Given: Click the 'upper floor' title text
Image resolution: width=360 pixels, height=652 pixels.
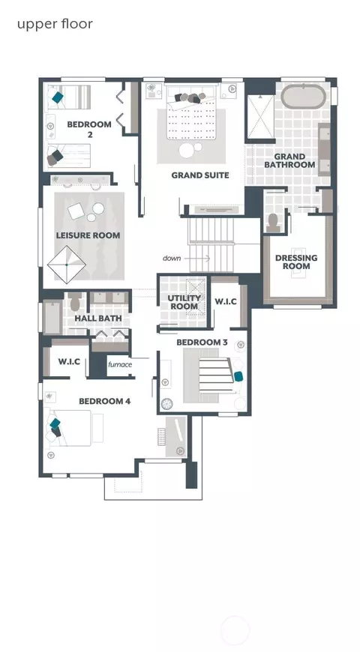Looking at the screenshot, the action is point(55,25).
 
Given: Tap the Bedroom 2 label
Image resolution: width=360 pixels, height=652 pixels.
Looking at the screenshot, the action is point(89,129).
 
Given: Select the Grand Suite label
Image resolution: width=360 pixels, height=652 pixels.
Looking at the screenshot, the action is point(200,175).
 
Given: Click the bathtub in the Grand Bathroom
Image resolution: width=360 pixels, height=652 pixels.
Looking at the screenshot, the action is point(302,97).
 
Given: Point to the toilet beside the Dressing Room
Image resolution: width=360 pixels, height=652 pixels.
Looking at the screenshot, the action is point(274,223).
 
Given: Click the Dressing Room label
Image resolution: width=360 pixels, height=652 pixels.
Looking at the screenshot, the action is point(296,262).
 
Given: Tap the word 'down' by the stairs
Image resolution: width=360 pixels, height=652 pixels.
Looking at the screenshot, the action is point(172,259).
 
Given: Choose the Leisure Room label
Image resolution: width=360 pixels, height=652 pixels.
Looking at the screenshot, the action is point(88,235).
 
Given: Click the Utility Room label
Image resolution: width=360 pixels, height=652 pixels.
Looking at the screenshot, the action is point(184,302).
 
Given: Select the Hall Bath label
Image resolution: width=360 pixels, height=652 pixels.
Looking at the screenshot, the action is point(98,319).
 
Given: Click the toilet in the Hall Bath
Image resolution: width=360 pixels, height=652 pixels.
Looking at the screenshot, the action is point(75,302).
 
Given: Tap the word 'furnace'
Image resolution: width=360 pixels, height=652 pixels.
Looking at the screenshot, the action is point(120,365).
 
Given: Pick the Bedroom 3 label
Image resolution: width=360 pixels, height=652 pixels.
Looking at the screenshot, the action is point(202,342).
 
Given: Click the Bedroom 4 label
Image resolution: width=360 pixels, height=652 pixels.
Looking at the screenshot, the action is point(104,401).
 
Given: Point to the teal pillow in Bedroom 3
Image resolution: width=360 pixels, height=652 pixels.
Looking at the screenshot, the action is point(238,376).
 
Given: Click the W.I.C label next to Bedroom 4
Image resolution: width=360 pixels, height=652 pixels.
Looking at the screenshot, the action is point(69,362).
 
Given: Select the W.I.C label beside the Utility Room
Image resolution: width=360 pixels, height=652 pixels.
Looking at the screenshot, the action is point(225,301).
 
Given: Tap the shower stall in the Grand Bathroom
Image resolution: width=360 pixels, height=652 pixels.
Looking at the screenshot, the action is point(260,117).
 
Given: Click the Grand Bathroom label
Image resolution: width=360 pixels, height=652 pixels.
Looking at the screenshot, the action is point(289,160).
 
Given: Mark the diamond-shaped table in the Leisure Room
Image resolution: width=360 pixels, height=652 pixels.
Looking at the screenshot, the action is point(67,265).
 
